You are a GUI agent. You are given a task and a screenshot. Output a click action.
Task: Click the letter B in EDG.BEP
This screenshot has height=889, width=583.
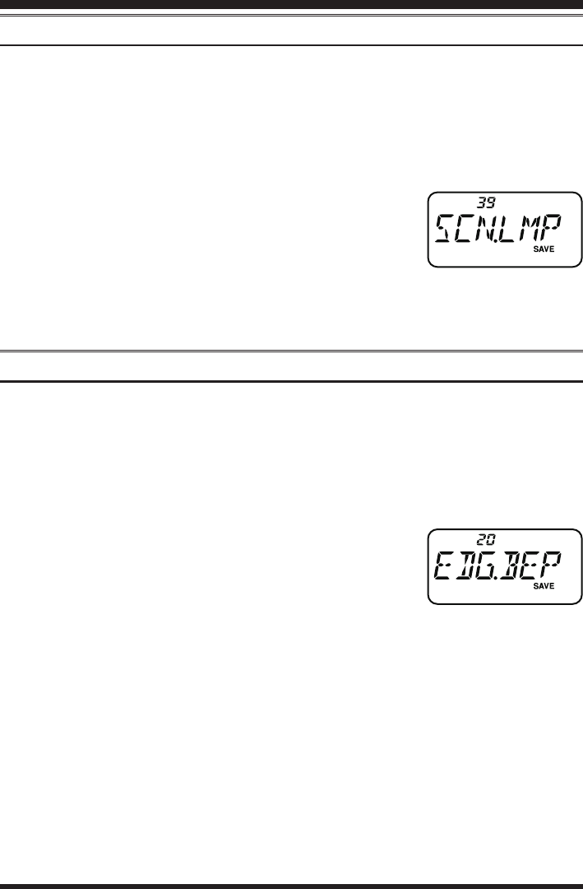516,566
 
